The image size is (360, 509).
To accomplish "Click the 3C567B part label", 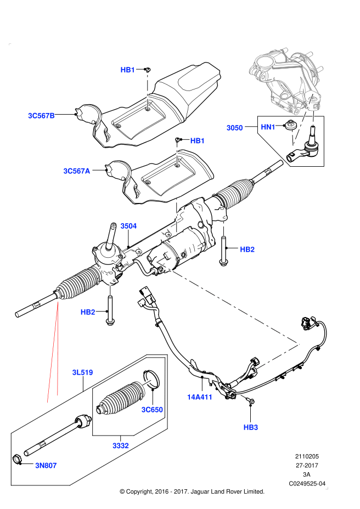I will pyautogui.click(x=42, y=115).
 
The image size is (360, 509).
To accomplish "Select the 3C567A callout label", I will pyautogui.click(x=76, y=171).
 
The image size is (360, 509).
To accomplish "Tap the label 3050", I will pyautogui.click(x=234, y=128).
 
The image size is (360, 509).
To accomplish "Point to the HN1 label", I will pyautogui.click(x=268, y=127).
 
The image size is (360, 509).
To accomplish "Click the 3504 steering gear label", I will pyautogui.click(x=128, y=226).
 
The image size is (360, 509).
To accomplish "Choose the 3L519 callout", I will pyautogui.click(x=82, y=372).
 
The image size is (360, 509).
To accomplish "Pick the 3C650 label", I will pyautogui.click(x=152, y=410).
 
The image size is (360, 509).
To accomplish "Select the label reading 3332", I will pyautogui.click(x=121, y=445).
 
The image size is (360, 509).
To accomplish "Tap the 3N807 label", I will pyautogui.click(x=46, y=465).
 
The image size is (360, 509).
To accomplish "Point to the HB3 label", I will pyautogui.click(x=251, y=427).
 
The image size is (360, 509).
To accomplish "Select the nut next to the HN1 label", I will pyautogui.click(x=290, y=125).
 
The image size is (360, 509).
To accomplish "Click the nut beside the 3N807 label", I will pyautogui.click(x=17, y=459).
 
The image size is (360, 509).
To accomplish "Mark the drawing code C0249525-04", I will pyautogui.click(x=308, y=483).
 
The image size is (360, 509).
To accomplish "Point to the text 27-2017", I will pyautogui.click(x=307, y=466).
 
